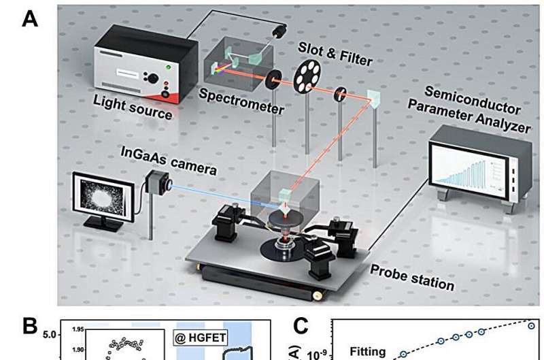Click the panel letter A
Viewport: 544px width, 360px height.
(29, 18)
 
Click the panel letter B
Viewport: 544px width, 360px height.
(30, 327)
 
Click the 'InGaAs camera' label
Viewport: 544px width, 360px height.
(180, 156)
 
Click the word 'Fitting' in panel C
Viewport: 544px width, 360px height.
(368, 352)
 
